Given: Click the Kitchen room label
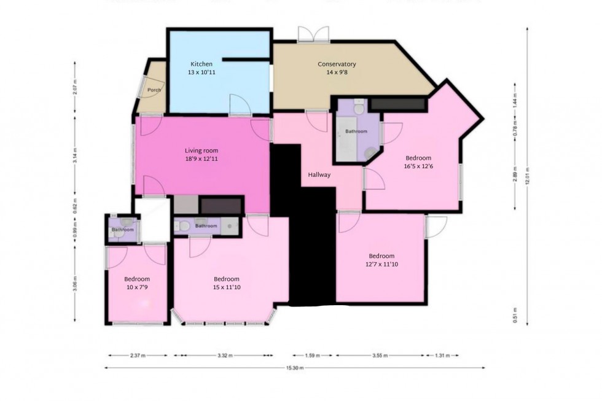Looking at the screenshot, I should click(201, 64).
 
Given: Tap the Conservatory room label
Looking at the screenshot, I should click(337, 64).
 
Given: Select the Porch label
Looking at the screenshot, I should click(154, 90).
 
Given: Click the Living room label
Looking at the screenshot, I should click(201, 150).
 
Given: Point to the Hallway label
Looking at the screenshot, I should click(319, 175).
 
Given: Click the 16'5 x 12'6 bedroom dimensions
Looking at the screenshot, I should click(418, 166).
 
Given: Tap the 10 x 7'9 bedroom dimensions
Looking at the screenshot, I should click(137, 286).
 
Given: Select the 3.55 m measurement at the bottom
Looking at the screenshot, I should click(381, 356).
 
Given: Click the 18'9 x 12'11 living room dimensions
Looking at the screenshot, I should click(201, 158).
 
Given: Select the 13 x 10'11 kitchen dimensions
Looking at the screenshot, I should click(201, 72).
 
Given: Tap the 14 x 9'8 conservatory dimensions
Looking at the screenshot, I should click(337, 72).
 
